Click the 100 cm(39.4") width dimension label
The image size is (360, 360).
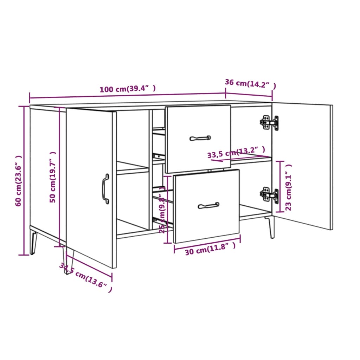(127, 89)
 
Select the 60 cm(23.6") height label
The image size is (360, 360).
(19, 181)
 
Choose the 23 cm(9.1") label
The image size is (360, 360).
(289, 187)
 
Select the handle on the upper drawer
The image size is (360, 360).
(200, 138)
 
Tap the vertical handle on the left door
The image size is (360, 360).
(105, 188)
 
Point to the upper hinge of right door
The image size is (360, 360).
(269, 122)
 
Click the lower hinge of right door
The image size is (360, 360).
(269, 194)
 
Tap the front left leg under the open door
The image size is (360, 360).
(69, 260)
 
